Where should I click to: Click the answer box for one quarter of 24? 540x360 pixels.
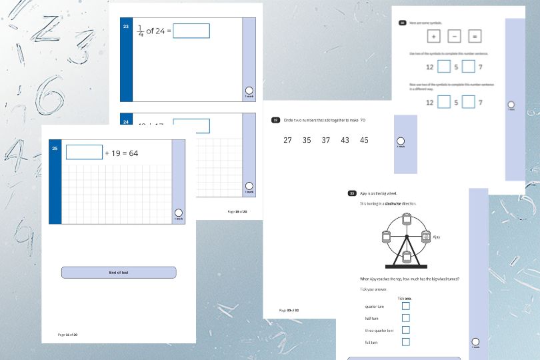191,31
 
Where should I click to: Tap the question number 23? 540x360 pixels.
126,26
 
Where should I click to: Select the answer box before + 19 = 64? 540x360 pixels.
85,152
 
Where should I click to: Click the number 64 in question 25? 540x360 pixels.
133,153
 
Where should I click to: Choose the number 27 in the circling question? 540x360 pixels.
288,140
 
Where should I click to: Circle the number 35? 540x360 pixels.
307,140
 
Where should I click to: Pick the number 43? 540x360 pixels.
345,140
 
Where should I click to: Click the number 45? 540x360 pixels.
364,140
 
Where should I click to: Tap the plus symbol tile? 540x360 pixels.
433,37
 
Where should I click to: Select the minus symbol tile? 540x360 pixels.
454,37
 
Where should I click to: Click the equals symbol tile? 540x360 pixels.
475,37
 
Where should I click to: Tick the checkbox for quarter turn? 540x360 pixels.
406,306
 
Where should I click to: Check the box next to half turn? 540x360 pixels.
406,318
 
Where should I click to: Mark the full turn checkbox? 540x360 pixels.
406,342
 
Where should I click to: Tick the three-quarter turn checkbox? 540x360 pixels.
406,330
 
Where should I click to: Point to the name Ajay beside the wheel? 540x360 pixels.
437,237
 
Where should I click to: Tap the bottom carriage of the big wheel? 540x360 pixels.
405,256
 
